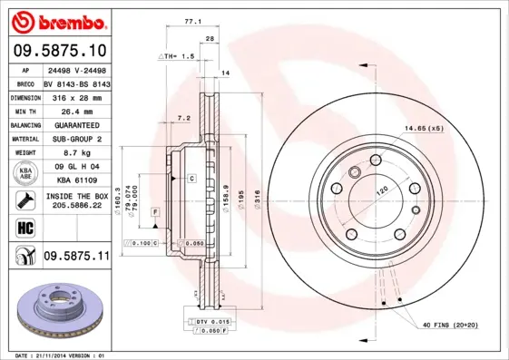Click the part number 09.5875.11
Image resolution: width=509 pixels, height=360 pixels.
coord(76,257)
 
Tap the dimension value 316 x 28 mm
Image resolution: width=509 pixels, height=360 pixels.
coord(76,95)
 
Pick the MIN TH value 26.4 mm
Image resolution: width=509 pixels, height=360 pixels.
coord(76,110)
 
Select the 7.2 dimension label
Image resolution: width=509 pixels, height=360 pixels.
coord(184,118)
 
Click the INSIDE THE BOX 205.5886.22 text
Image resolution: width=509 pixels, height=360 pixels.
coord(76,201)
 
